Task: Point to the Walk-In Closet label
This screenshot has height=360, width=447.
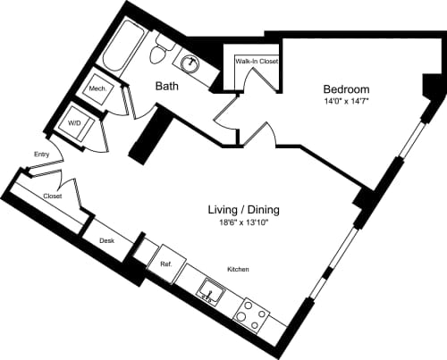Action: tap(257, 62)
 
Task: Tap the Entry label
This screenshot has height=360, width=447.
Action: tap(42, 155)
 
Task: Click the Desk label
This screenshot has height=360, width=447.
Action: tap(107, 240)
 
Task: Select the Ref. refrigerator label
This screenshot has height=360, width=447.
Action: tap(165, 264)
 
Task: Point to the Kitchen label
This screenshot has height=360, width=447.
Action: tap(237, 269)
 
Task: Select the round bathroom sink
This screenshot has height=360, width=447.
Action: tap(190, 63)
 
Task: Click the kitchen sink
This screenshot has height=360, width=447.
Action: tap(209, 291)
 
